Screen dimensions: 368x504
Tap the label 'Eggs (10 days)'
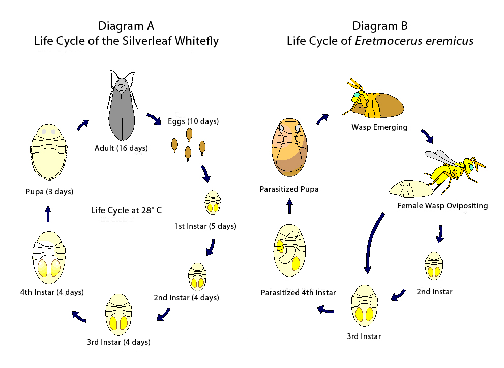[193, 121]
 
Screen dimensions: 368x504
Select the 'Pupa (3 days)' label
[49, 192]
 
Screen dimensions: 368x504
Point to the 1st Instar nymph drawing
[213, 203]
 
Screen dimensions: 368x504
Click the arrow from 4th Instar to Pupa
[48, 213]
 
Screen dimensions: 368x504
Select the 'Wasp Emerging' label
[379, 127]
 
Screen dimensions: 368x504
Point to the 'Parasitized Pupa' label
[289, 189]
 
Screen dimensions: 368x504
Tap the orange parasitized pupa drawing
[288, 148]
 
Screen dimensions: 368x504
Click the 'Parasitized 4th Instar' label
[298, 292]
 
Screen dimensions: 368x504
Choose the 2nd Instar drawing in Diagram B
[433, 265]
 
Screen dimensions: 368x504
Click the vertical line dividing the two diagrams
[247, 203]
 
